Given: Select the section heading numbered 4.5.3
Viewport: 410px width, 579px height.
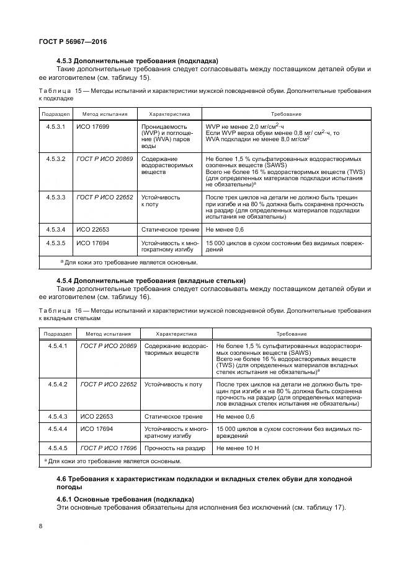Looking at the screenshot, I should [x=136, y=61].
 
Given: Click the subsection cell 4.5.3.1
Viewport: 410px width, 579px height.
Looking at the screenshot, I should [x=55, y=125].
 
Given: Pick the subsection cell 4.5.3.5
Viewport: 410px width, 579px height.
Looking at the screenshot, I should [x=55, y=243].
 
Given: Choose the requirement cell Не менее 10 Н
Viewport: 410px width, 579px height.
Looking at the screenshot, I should [x=238, y=447].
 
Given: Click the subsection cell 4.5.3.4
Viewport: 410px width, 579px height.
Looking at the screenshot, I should [x=55, y=230].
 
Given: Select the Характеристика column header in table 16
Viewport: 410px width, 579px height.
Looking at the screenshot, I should [x=176, y=333].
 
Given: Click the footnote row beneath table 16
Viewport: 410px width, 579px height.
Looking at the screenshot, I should [x=114, y=461].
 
